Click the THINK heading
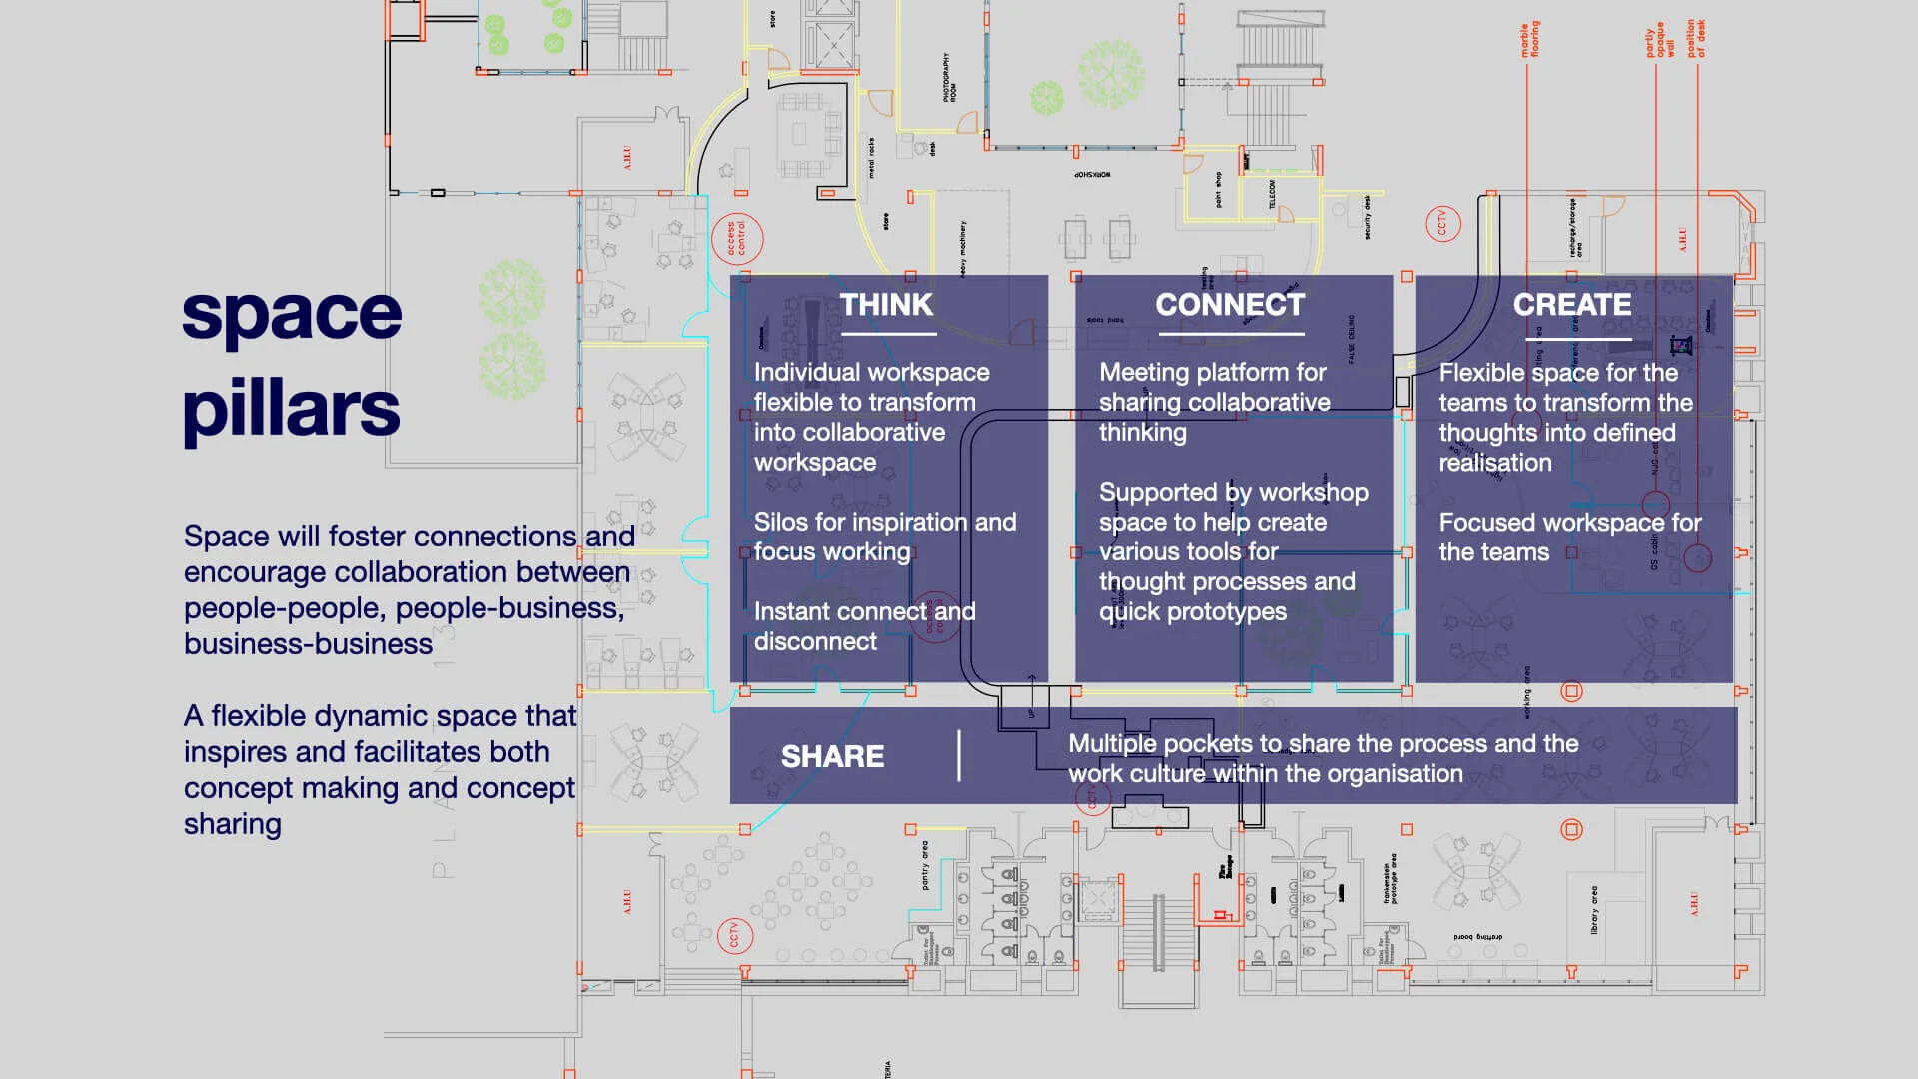click(x=886, y=305)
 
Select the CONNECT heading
click(x=1230, y=305)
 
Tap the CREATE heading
click(x=1572, y=305)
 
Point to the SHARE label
click(x=832, y=757)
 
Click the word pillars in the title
click(x=291, y=409)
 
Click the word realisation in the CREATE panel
click(x=1494, y=463)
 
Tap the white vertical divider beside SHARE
click(x=959, y=755)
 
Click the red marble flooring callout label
click(x=1529, y=40)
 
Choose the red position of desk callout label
click(x=1696, y=38)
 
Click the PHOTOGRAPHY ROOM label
click(x=949, y=78)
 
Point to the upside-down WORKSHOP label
click(x=1092, y=175)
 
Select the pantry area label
click(x=925, y=865)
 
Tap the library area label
click(x=1594, y=910)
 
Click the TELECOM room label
click(x=1272, y=195)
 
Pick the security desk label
click(x=1367, y=217)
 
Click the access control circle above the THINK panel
click(x=737, y=240)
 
